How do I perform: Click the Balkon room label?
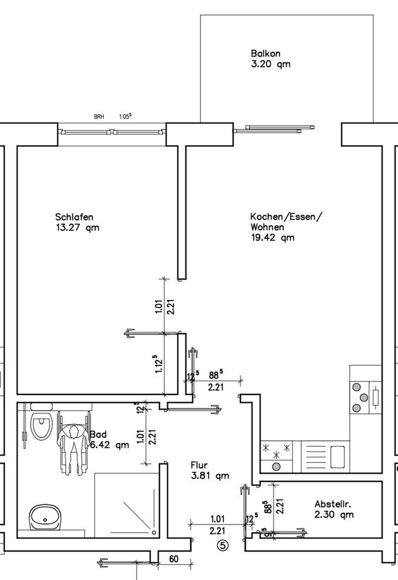(x=266, y=54)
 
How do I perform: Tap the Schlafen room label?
(x=74, y=217)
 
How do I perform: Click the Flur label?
(x=199, y=465)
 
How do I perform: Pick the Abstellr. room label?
(x=333, y=504)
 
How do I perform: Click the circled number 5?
(x=223, y=546)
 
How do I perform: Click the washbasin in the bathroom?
(x=45, y=517)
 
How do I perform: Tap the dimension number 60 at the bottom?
(x=173, y=559)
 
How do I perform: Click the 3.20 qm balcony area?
(x=270, y=64)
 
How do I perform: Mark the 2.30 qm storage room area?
(x=334, y=515)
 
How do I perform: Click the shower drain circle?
(x=154, y=532)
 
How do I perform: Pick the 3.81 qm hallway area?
(x=210, y=475)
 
